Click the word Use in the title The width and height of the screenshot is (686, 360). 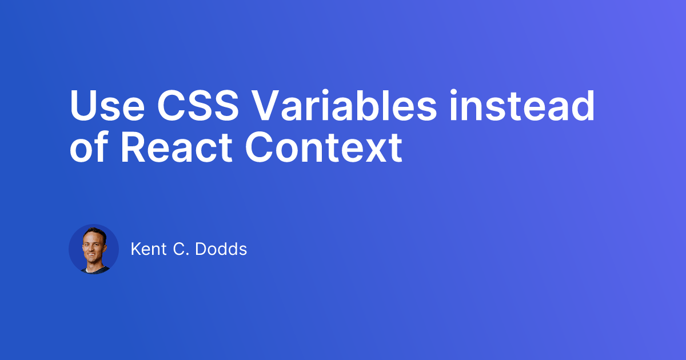pyautogui.click(x=107, y=106)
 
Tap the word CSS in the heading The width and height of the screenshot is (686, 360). pyautogui.click(x=198, y=106)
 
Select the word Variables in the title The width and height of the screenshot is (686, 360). pyautogui.click(x=345, y=105)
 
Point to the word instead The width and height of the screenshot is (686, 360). pyautogui.click(x=522, y=105)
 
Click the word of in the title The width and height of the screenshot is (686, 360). pyautogui.click(x=89, y=146)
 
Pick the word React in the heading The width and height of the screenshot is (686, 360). pyautogui.click(x=177, y=147)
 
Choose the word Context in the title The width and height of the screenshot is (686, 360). pyautogui.click(x=324, y=147)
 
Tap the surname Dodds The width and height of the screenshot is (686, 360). pyautogui.click(x=221, y=249)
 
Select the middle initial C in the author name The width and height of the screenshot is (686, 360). pyautogui.click(x=179, y=249)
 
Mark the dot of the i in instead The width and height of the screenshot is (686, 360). pyautogui.click(x=453, y=92)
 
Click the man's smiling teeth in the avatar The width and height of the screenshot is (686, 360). pyautogui.click(x=91, y=254)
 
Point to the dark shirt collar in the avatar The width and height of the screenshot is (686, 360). pyautogui.click(x=95, y=269)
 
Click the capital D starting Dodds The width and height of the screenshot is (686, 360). pyautogui.click(x=201, y=249)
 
